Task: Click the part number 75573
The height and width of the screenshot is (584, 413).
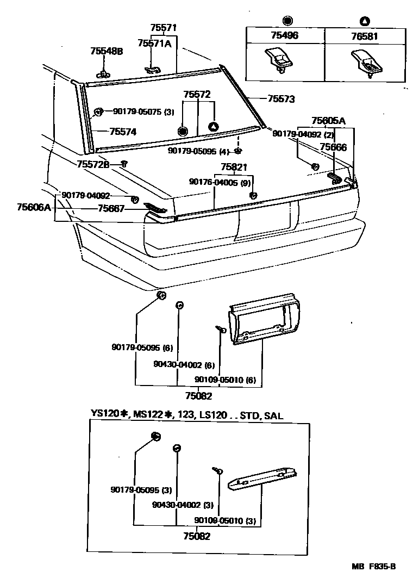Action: pyautogui.click(x=281, y=99)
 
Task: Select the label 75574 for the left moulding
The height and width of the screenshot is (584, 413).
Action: pyautogui.click(x=123, y=132)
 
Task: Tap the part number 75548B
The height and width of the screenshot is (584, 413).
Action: pyautogui.click(x=107, y=51)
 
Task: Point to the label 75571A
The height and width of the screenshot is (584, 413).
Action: pyautogui.click(x=154, y=44)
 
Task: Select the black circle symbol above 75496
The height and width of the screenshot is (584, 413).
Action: pyautogui.click(x=286, y=21)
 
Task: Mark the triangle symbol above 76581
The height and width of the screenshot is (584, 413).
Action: pyautogui.click(x=365, y=21)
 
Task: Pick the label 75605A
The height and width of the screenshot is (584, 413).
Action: pyautogui.click(x=328, y=121)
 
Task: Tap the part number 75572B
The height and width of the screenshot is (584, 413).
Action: pyautogui.click(x=93, y=164)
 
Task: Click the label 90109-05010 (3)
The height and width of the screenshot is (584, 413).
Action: pyautogui.click(x=225, y=521)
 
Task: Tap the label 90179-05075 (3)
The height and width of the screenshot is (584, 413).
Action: pyautogui.click(x=143, y=112)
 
